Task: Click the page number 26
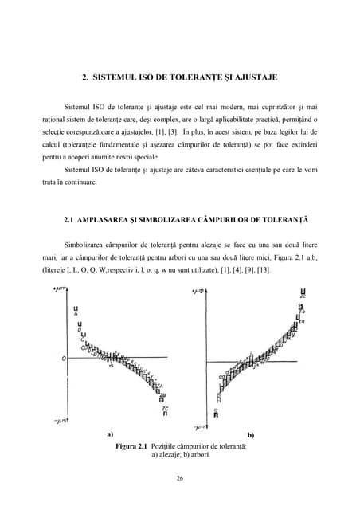180,478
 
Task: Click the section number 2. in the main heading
86,77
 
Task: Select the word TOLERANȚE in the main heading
197,77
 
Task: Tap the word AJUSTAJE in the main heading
253,77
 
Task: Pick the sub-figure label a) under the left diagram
108,435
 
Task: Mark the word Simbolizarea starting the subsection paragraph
88,243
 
